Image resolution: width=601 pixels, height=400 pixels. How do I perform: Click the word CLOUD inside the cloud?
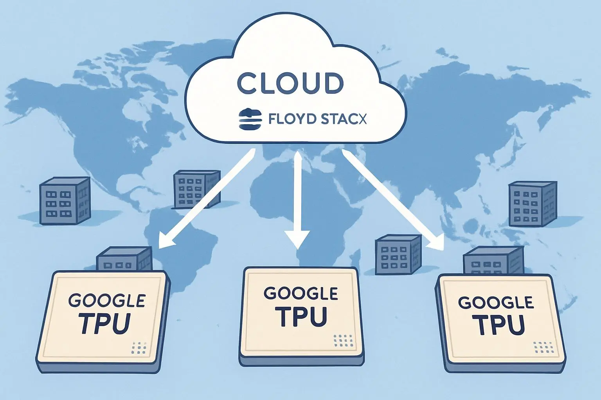coord(290,83)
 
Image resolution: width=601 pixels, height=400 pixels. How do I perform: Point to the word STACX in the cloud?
coord(343,119)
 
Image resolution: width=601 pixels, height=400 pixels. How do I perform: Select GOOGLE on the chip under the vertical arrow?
coord(301,293)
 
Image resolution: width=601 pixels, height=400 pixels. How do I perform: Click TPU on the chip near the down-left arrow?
coord(105,323)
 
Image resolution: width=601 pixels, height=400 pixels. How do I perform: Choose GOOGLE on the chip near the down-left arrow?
coord(107,300)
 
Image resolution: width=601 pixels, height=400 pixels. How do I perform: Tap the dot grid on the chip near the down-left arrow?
coord(139,347)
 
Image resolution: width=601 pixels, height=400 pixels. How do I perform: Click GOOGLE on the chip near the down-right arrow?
coord(495,303)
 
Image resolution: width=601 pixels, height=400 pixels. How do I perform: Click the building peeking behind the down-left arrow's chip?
coord(124,259)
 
